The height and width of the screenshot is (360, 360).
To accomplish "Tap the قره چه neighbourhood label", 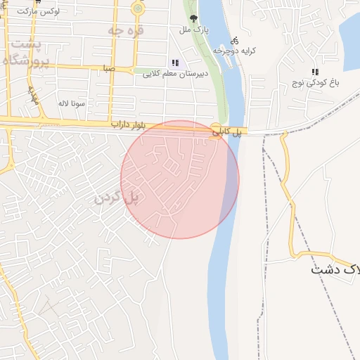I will (126, 31).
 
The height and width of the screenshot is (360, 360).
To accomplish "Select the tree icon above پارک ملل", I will (193, 19).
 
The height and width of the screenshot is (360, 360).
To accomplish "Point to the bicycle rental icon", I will (234, 41).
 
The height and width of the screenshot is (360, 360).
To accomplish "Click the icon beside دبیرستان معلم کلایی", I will (175, 63).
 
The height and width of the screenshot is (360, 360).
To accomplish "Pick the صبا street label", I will (108, 68).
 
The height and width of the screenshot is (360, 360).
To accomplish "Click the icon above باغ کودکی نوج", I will (315, 72).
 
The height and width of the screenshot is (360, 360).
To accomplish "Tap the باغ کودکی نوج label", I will (316, 83).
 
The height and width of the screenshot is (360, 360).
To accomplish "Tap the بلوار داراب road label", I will (127, 124).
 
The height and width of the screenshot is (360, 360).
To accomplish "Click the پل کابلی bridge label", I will (227, 131).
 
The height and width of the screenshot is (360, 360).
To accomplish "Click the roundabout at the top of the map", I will (138, 8).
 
